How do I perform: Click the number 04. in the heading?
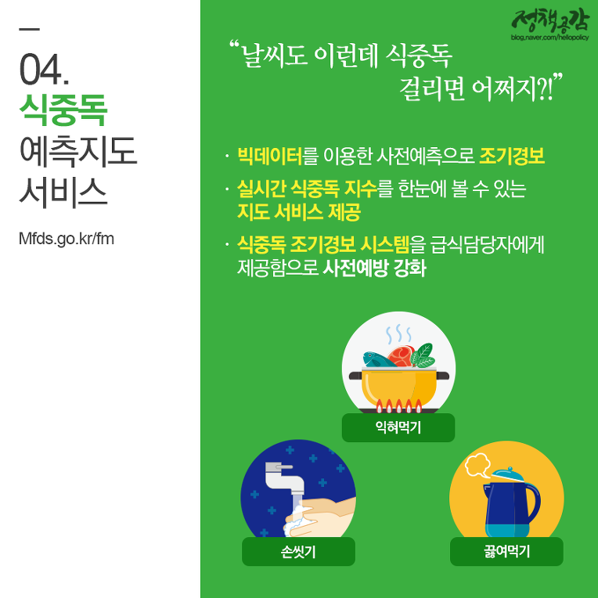click(45, 70)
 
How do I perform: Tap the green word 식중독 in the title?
click(63, 110)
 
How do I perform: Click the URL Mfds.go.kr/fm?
click(67, 239)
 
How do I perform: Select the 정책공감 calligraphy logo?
click(550, 20)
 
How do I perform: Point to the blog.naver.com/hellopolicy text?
click(550, 38)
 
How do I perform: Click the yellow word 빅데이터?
click(269, 156)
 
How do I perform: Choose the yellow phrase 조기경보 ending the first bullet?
click(512, 156)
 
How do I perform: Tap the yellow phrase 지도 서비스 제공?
click(299, 211)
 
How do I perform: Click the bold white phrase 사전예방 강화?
click(374, 268)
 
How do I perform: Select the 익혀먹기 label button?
click(398, 427)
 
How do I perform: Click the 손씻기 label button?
click(298, 552)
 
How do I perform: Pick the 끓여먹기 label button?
click(506, 552)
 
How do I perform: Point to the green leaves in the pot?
click(423, 355)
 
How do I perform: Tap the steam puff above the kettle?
click(478, 465)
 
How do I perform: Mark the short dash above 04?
click(29, 29)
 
